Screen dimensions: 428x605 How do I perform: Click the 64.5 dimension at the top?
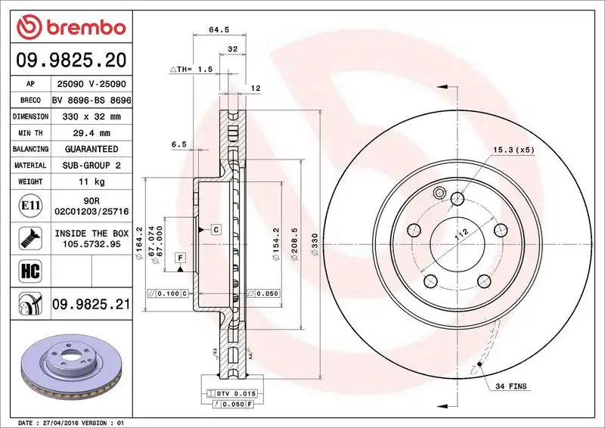click(219, 30)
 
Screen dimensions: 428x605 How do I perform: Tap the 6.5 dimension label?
click(178, 144)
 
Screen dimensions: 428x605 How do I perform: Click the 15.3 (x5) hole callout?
click(513, 150)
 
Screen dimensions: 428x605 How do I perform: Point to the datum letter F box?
click(181, 258)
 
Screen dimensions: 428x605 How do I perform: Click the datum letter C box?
click(216, 228)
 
